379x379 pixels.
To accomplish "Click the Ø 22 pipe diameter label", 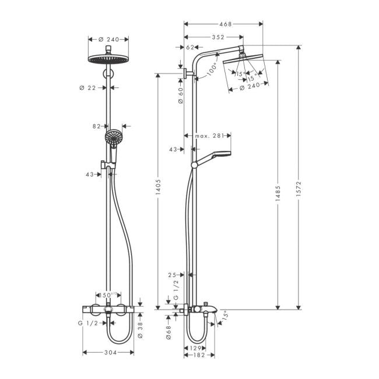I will click(87, 87).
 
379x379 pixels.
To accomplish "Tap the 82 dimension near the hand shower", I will click(97, 126).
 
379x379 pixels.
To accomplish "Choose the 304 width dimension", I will click(109, 353).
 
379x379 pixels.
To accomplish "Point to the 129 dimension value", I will click(196, 348).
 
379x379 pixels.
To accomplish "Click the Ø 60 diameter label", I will click(180, 96).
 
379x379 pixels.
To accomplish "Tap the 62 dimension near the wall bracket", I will click(190, 48).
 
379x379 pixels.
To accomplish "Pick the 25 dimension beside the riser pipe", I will click(173, 275).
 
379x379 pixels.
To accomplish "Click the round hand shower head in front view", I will click(113, 139).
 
